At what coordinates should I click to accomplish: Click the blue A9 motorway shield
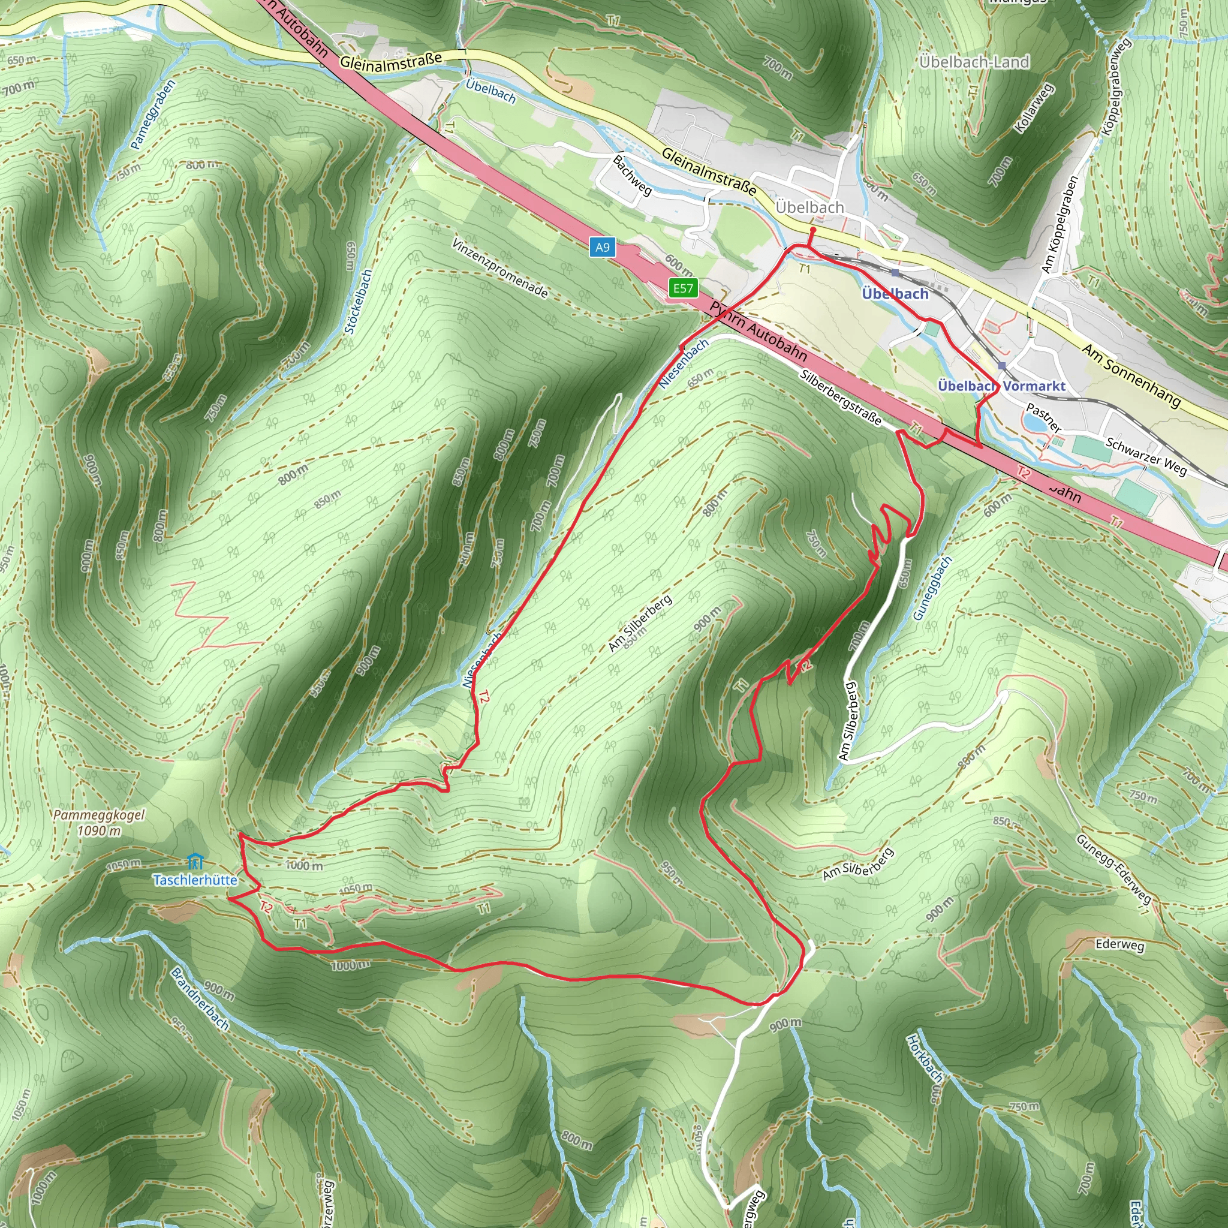coord(602,247)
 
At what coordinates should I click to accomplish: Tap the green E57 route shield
coord(684,288)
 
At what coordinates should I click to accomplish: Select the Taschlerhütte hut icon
coord(195,861)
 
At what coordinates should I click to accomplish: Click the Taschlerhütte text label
coord(195,880)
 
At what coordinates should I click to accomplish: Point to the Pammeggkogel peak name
coord(99,815)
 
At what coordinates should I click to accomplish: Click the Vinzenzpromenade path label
coord(499,267)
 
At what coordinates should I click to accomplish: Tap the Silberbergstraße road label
coord(841,396)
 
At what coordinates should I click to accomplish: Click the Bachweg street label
coord(633,175)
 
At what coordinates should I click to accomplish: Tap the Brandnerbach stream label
coord(200,998)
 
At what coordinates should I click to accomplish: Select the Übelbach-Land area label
coord(974,62)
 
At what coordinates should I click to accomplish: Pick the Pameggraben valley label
coord(152,115)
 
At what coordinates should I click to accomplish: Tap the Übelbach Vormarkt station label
coord(1001,386)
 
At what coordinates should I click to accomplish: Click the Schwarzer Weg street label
coord(1146,456)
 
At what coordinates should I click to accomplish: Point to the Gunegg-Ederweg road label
coord(1113,868)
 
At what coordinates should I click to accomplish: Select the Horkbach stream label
coord(925,1058)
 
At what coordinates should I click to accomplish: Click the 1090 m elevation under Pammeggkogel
coord(99,830)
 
